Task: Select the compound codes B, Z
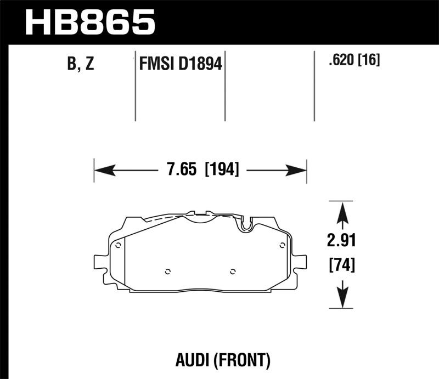[81, 64]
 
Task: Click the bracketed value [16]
[369, 59]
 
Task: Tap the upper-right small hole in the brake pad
[282, 245]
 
